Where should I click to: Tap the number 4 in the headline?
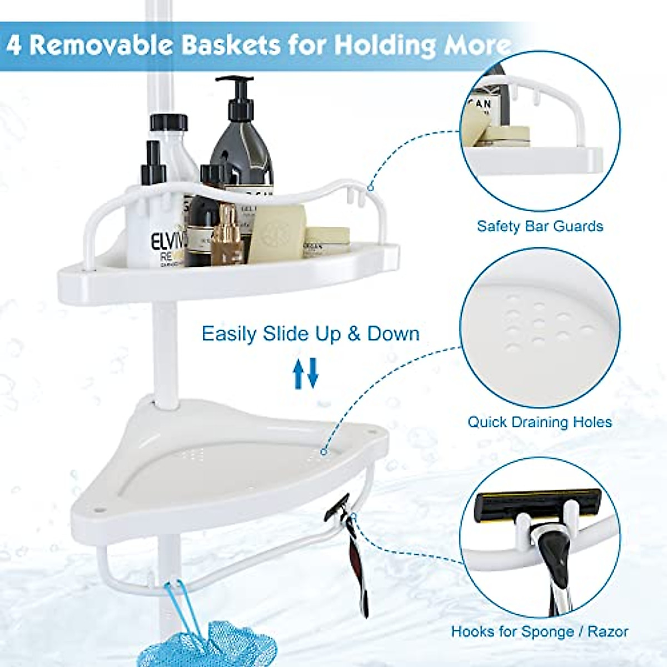point(14,45)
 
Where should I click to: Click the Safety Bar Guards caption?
point(540,226)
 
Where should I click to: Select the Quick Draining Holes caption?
point(539,422)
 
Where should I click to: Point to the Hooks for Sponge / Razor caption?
point(539,631)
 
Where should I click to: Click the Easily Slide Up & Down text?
point(310,334)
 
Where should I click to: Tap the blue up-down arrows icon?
point(306,373)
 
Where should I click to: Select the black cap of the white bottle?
point(168,123)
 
